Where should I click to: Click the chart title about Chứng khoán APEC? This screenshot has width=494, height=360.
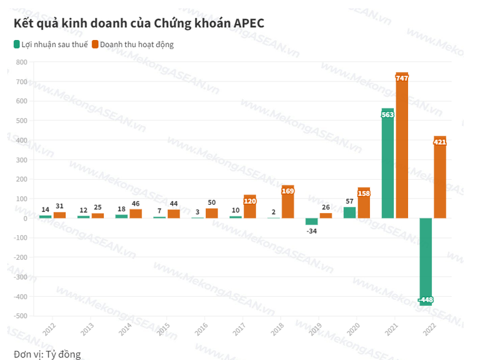coord(139,23)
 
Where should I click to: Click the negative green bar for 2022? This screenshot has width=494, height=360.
coord(426,259)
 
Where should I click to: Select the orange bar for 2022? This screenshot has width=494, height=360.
coord(440,181)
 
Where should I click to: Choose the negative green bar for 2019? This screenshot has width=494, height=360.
coord(311,221)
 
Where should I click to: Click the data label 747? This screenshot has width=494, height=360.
coord(402,78)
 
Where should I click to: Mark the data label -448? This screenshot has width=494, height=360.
coord(426,300)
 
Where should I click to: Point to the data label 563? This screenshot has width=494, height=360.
coord(387,114)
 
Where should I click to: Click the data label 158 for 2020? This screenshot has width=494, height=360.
coord(364,193)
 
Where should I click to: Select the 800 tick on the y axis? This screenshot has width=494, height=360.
coord(21,62)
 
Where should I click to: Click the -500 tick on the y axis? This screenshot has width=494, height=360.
coord(20,316)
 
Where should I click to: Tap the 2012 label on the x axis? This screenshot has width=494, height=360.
coord(49,330)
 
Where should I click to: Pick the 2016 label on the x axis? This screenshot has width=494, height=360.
coord(201,330)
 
